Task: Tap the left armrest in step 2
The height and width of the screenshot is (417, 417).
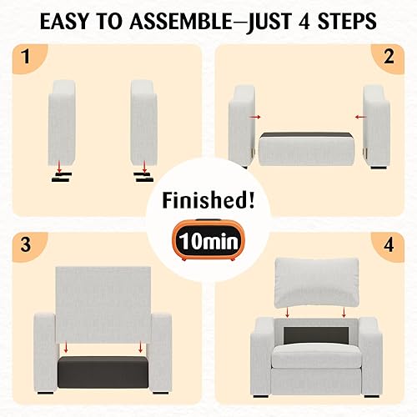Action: pos(243,125)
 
